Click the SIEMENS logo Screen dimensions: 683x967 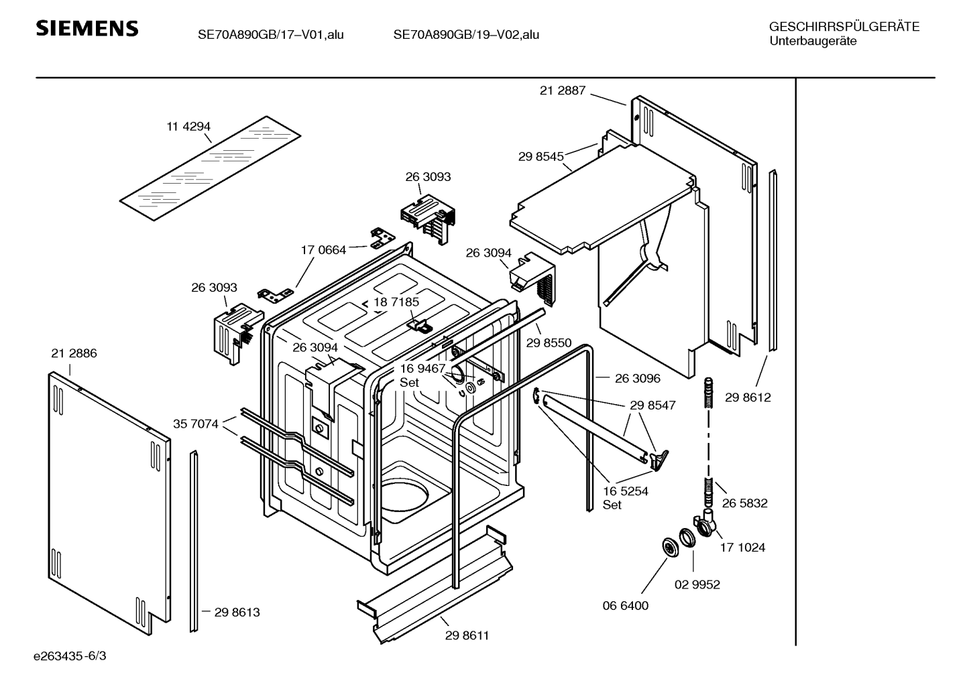point(87,28)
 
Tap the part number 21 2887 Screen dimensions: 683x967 point(563,90)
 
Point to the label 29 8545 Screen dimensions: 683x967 point(541,157)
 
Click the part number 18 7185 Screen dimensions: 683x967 point(396,302)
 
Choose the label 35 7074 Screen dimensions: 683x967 point(195,424)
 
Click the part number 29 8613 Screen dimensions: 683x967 point(237,612)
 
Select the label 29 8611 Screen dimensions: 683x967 point(467,635)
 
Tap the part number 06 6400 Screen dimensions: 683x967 point(625,606)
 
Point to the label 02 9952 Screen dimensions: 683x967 point(697,584)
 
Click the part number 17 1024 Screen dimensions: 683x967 point(742,548)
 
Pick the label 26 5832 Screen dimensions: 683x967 point(744,503)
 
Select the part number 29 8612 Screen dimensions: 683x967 point(748,397)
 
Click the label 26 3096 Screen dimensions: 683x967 point(637,379)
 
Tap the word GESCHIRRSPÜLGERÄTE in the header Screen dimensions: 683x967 point(844,27)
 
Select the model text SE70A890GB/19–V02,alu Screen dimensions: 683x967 point(466,35)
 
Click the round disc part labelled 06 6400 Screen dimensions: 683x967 point(669,546)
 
